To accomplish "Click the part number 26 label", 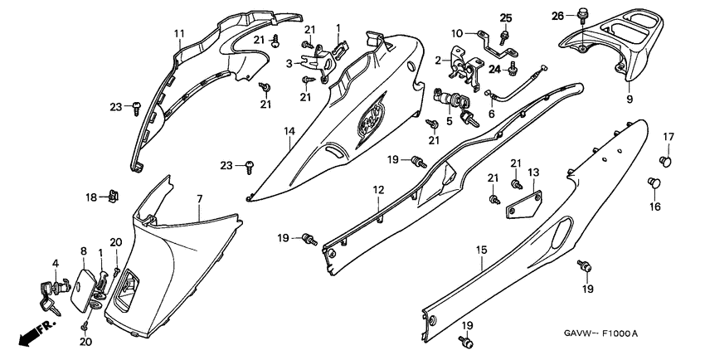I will coord(557,16).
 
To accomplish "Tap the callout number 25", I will coord(506,18).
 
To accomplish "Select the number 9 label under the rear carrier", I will coord(628,99).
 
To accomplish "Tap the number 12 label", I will coord(377,191).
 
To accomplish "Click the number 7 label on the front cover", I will coord(199,200).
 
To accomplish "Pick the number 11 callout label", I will coord(177,33).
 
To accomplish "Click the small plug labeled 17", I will coord(665,158).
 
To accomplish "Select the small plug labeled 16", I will coord(653,182).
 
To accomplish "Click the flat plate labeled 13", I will coord(524,204).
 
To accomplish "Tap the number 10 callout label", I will coord(458,34).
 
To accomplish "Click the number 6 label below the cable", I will coord(491,114).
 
